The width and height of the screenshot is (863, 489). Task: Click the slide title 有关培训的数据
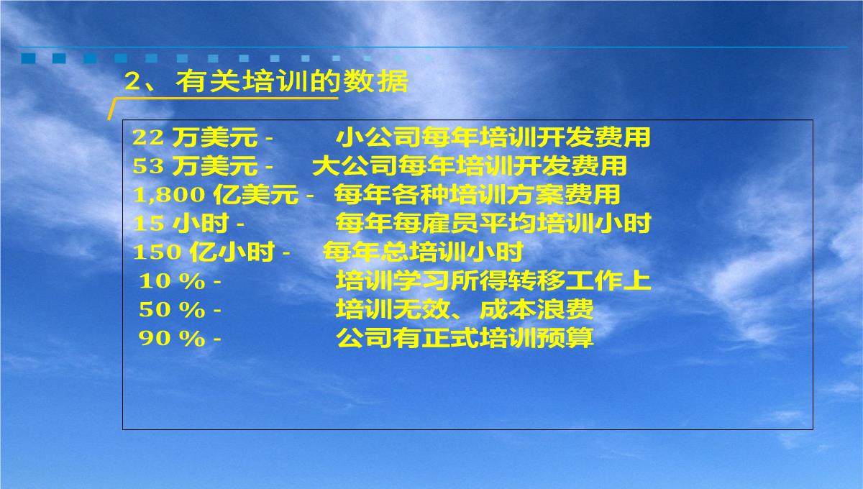coord(292,81)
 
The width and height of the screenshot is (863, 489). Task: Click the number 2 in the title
coord(132,82)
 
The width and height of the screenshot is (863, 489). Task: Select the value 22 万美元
coord(195,137)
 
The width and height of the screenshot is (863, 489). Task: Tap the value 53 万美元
coord(195,166)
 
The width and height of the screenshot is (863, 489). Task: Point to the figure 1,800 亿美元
coord(216,195)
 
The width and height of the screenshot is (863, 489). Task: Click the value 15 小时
coord(181,224)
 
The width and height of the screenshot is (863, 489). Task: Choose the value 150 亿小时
coord(204,252)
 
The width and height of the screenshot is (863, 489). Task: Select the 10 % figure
coord(172,281)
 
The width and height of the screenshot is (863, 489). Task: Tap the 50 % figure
coord(172,310)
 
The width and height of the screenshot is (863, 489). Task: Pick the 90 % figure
coord(172,338)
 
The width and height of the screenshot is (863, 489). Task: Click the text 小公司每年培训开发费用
coord(493,137)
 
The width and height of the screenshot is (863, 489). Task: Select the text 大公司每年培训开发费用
coord(470,166)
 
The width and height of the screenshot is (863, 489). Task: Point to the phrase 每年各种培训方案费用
coord(478,195)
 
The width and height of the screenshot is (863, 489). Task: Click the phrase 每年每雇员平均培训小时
coord(493,224)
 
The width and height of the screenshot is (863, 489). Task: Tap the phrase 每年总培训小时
coord(423,252)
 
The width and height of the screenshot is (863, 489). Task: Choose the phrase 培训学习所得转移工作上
coord(493,281)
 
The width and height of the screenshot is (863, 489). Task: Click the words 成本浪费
coord(536,309)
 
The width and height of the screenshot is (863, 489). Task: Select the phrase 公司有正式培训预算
coord(465,338)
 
